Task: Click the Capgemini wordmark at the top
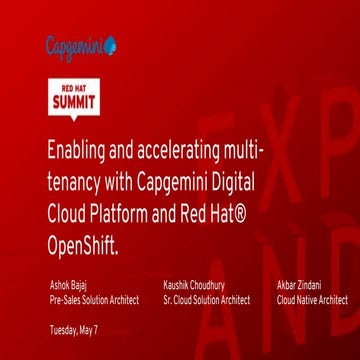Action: coord(75,45)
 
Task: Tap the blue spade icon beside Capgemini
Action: coord(110,45)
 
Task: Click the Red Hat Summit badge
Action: coord(75,95)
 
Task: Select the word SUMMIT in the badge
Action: coord(75,102)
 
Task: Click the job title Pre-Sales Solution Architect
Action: coord(93,299)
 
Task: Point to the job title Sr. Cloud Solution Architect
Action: coord(207,299)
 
